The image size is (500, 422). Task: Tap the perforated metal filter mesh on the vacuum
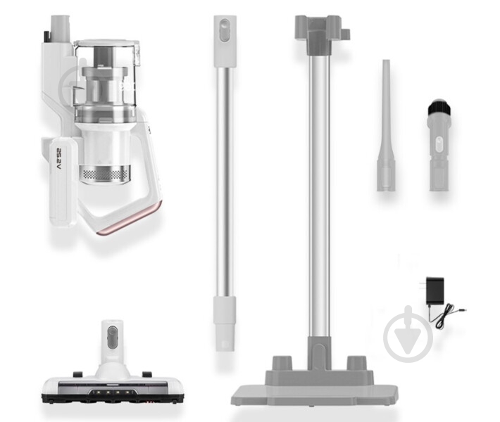pyautogui.click(x=105, y=174)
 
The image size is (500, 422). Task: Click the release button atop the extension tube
pyautogui.click(x=224, y=30)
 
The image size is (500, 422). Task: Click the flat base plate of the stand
pyautogui.click(x=315, y=395)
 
